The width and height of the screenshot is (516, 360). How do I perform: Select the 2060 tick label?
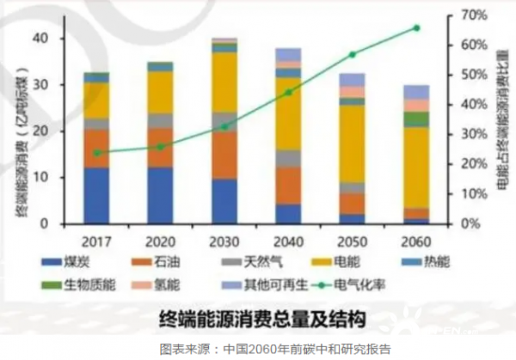coord(415,239)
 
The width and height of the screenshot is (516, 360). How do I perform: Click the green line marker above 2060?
coord(416,27)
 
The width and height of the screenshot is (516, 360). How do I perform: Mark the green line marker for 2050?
coord(352,54)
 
